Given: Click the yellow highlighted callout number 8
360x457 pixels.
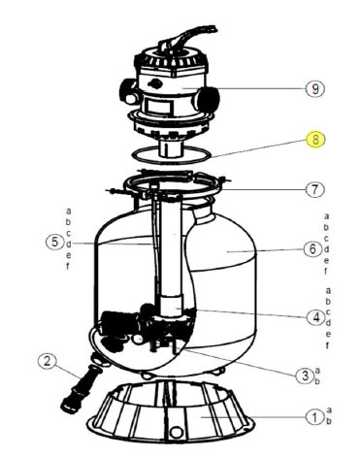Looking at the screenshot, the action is (x=315, y=140).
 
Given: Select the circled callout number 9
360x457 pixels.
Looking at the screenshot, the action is (x=315, y=88).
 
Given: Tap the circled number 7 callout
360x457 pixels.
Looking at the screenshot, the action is (x=315, y=189).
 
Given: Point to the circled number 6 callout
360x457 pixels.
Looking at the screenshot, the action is (x=312, y=249).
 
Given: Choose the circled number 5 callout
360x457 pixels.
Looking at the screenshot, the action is (x=55, y=242).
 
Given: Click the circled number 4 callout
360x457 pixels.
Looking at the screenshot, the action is (x=316, y=317).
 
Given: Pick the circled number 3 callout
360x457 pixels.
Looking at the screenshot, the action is (x=305, y=375).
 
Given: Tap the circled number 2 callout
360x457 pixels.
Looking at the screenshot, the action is (x=48, y=361).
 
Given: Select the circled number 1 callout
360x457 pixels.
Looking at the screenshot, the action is (x=315, y=417).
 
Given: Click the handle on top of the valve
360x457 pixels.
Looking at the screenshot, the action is (x=187, y=38).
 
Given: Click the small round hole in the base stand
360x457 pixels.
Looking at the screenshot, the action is (x=177, y=431).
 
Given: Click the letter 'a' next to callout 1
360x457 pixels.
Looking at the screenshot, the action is (x=329, y=410).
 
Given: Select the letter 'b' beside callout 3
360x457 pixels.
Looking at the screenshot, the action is (x=317, y=380).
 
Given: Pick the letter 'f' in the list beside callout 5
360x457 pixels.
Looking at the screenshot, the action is (x=68, y=266).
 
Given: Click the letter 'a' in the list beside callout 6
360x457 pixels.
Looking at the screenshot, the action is (x=326, y=216).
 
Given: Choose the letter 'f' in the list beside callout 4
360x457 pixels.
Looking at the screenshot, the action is (x=327, y=345).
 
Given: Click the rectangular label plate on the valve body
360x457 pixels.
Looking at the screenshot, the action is (x=158, y=106).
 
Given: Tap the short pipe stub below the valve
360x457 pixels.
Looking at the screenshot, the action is (x=171, y=149).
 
